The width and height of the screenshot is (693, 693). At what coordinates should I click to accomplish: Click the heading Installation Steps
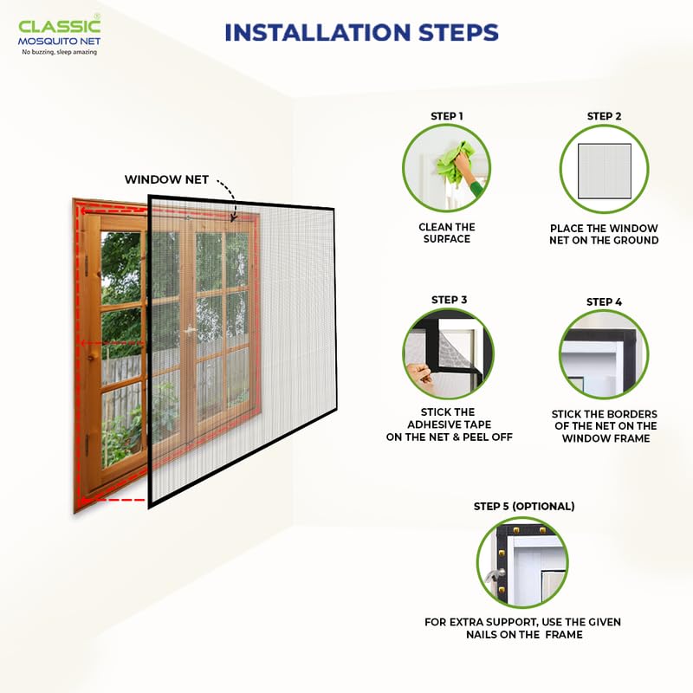click(x=361, y=33)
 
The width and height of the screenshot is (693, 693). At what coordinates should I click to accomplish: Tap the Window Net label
click(x=166, y=179)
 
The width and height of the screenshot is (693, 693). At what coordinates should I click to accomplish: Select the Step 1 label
click(x=447, y=116)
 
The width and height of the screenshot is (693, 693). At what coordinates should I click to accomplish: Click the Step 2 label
click(x=604, y=116)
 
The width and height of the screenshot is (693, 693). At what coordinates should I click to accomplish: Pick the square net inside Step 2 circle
click(x=604, y=169)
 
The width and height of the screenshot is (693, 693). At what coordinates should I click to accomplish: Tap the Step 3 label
click(x=449, y=300)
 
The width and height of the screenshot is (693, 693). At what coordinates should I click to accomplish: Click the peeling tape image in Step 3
click(x=448, y=353)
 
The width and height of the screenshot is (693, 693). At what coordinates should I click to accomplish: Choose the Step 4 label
click(x=604, y=301)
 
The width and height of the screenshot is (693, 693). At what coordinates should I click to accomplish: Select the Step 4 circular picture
click(x=604, y=354)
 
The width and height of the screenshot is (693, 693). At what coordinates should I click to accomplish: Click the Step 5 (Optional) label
click(x=523, y=506)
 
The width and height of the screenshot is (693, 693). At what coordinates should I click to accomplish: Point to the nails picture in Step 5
click(x=523, y=561)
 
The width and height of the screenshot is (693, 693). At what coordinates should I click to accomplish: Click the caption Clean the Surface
click(x=447, y=233)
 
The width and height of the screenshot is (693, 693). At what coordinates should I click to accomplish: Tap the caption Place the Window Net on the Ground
click(x=604, y=234)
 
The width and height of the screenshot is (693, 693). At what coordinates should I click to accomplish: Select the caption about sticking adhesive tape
click(x=449, y=424)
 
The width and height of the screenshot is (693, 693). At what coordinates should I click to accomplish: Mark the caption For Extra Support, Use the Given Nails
click(x=522, y=628)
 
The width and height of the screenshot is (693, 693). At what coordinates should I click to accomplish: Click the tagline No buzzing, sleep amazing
click(x=59, y=52)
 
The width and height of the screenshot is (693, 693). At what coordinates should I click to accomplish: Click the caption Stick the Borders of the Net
click(x=604, y=426)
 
